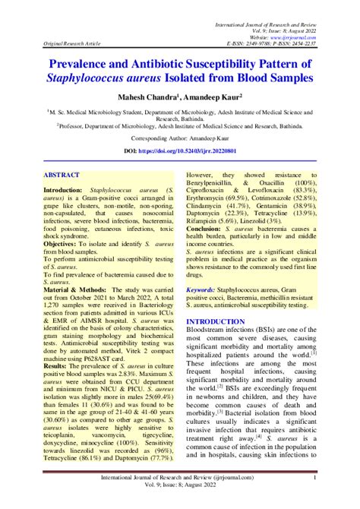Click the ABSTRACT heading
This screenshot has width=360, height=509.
click(x=64, y=174)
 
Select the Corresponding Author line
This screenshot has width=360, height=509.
click(x=179, y=141)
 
